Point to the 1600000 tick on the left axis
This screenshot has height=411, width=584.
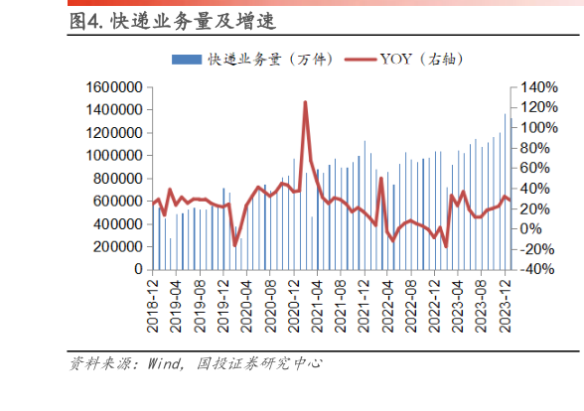(110, 87)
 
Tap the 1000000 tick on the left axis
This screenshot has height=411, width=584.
(110, 156)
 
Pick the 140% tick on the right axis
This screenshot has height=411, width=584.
(532, 87)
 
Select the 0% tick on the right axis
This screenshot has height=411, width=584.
(526, 228)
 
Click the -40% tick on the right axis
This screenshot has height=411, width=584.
(530, 269)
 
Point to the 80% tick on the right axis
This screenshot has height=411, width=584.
(529, 148)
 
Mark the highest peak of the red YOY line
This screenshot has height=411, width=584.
(305, 102)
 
